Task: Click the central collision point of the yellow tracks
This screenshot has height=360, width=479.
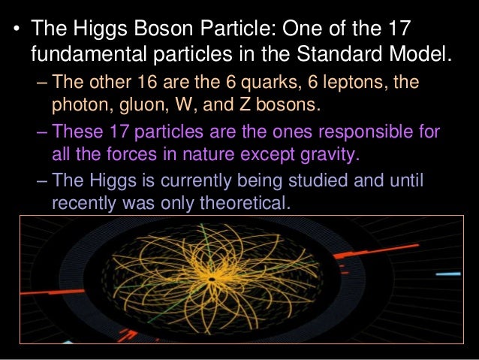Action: (212, 279)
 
